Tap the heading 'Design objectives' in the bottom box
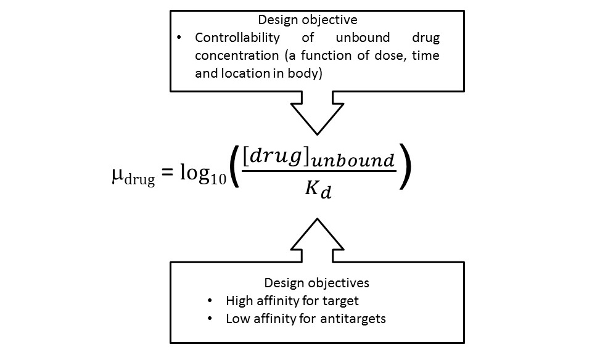316,283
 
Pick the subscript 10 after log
218,182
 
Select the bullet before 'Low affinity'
211,319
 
